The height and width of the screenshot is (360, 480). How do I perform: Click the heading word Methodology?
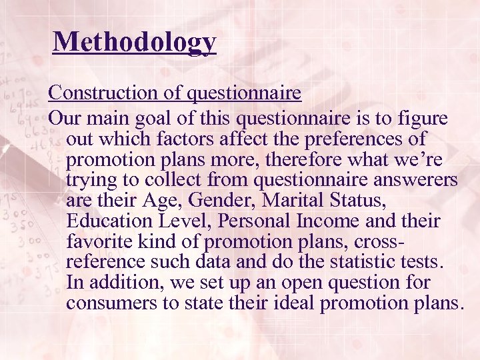[x=135, y=41]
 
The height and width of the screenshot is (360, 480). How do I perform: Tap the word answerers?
[x=406, y=181]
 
